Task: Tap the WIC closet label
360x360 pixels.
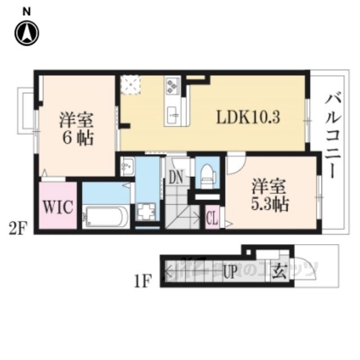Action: click(x=57, y=206)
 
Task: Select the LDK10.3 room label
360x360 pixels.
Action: click(x=249, y=118)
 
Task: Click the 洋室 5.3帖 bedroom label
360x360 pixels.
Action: click(x=269, y=194)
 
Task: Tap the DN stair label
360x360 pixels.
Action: click(x=175, y=178)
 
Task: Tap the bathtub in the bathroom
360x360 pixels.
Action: click(x=106, y=217)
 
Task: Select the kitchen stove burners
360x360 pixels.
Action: click(x=172, y=86)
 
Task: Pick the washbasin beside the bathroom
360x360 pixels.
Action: click(x=127, y=166)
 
